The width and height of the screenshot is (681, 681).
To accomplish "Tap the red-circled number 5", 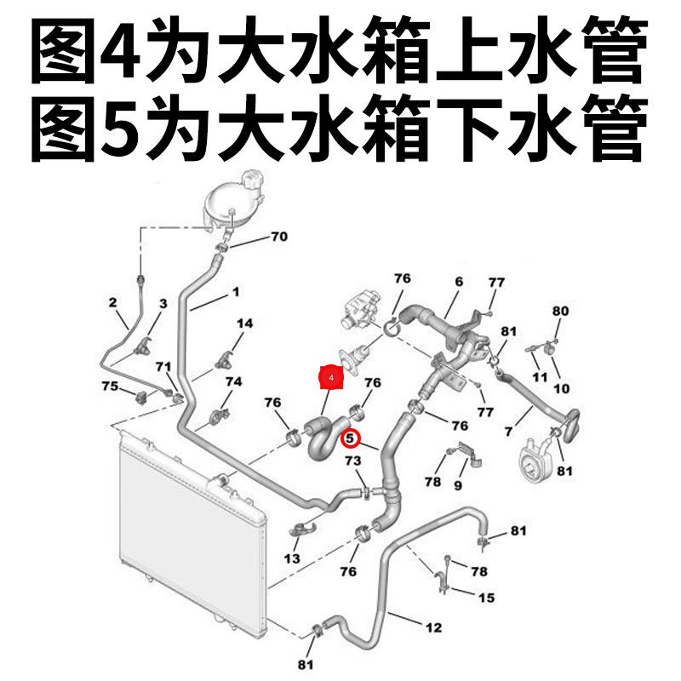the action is pyautogui.click(x=349, y=438).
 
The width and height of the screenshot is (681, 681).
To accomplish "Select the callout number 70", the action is pyautogui.click(x=279, y=237).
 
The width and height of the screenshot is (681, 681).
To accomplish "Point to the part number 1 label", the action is pyautogui.click(x=236, y=291).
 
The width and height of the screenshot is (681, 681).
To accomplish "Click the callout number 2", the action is pyautogui.click(x=112, y=301).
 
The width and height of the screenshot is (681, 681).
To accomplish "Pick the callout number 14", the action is pyautogui.click(x=245, y=323).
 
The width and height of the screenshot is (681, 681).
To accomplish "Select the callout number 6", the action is pyautogui.click(x=458, y=282).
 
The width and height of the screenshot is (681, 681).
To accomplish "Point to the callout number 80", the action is pyautogui.click(x=560, y=311).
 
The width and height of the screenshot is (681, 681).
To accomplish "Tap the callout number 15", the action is pyautogui.click(x=486, y=598).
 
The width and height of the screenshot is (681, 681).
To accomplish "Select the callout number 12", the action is pyautogui.click(x=433, y=628).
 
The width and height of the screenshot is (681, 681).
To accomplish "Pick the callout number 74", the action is pyautogui.click(x=233, y=381).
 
